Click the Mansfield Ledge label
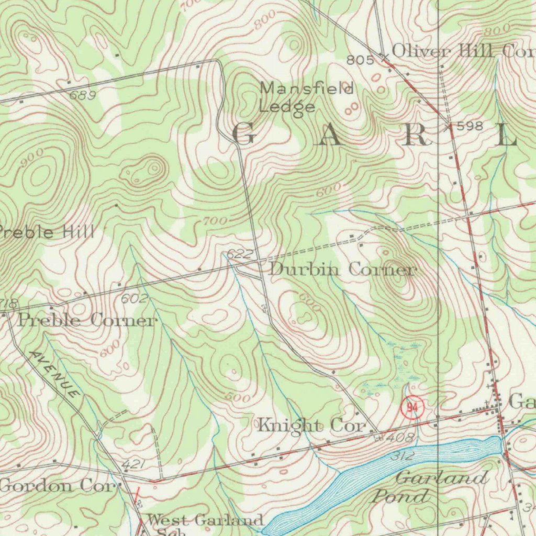307,97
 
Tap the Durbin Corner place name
342,270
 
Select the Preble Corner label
87,320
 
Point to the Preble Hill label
47,232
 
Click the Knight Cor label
311,426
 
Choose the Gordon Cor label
57,486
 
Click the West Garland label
205,520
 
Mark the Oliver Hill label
442,51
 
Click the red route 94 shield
412,408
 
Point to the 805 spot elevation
360,61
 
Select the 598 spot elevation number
470,126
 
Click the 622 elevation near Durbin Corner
241,255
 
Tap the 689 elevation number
83,95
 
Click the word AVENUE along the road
55,374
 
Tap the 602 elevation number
134,299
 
